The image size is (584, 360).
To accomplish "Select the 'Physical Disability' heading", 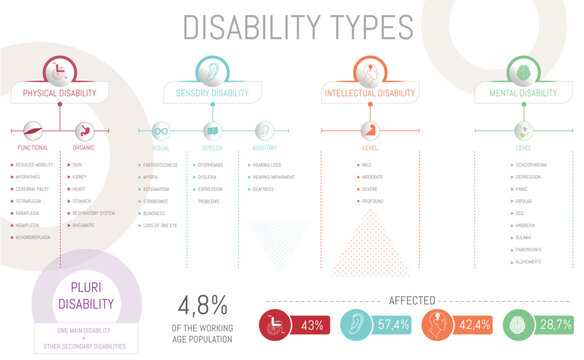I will point(60,94).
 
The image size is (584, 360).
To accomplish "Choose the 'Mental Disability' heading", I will point(523,94).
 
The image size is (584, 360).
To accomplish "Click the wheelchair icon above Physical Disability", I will point(60,71).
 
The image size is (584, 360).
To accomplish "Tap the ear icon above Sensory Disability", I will point(211,71).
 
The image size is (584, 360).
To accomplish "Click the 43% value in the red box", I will point(312,325).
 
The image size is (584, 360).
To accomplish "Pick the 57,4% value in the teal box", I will point(395,325).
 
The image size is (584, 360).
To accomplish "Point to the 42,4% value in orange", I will point(474,325).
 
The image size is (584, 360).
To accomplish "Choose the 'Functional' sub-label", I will point(33,147).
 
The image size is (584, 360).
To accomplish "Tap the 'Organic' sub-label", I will point(84,147).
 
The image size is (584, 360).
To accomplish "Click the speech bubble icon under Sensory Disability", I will point(211,131).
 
